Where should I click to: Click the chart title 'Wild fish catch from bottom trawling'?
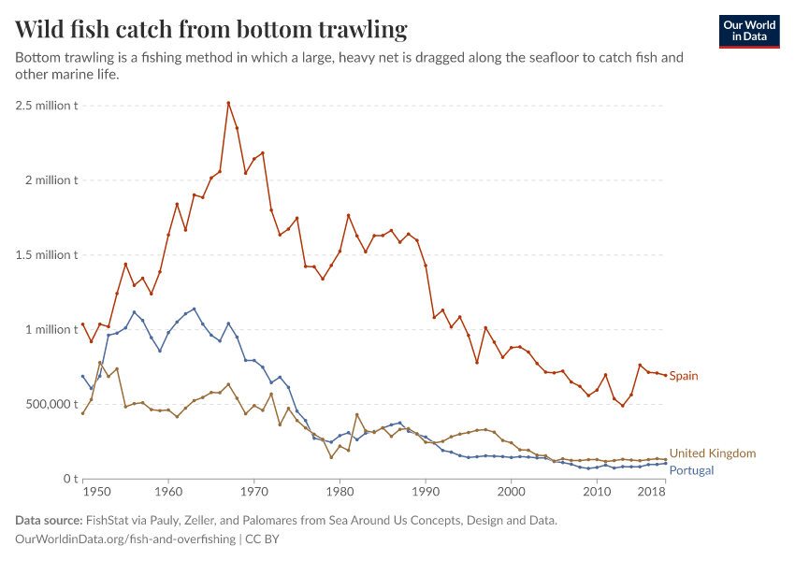[211, 30]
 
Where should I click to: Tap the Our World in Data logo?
[748, 30]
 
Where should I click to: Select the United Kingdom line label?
[713, 453]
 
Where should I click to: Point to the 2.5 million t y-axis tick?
[45, 105]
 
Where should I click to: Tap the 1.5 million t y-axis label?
[45, 254]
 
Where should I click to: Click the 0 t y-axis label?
[70, 479]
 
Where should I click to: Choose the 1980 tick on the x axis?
[340, 491]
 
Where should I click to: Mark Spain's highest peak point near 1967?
[228, 103]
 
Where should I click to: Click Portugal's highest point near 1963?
[194, 309]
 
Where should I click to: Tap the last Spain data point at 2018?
[665, 375]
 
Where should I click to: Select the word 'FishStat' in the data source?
[110, 521]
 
